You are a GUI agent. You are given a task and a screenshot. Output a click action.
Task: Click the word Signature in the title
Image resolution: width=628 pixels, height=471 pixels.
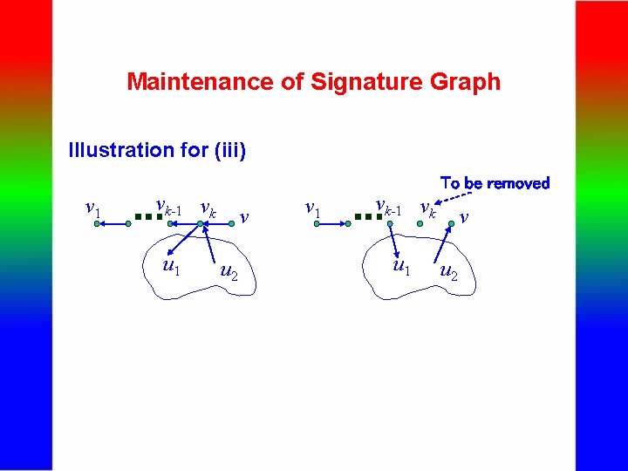(365, 82)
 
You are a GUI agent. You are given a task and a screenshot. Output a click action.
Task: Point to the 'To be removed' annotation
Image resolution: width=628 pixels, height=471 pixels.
(495, 183)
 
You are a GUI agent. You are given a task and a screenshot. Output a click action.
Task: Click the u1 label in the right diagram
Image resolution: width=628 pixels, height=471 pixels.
(400, 264)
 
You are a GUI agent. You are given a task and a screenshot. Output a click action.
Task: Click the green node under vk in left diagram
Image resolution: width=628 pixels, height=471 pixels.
(201, 225)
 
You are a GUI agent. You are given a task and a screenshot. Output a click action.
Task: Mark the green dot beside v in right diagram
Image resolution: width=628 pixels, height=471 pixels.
(451, 224)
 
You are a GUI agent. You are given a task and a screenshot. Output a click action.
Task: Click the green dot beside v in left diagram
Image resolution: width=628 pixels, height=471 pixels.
(230, 224)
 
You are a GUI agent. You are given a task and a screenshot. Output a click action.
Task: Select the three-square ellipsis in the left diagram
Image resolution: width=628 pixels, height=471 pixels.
(147, 223)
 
